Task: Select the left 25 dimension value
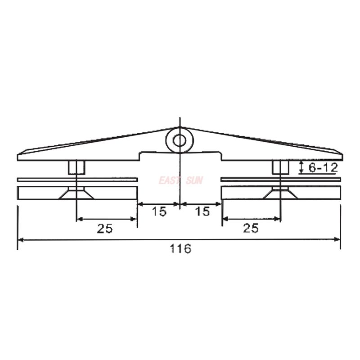104,228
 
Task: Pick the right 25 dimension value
251,228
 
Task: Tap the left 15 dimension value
158,211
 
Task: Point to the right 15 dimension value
202,211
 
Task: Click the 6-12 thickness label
323,168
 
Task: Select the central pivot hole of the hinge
179,140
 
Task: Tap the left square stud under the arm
76,167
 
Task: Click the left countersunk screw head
76,194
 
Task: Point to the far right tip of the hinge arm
342,156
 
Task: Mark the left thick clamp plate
40,193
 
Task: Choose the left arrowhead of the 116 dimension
21,240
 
